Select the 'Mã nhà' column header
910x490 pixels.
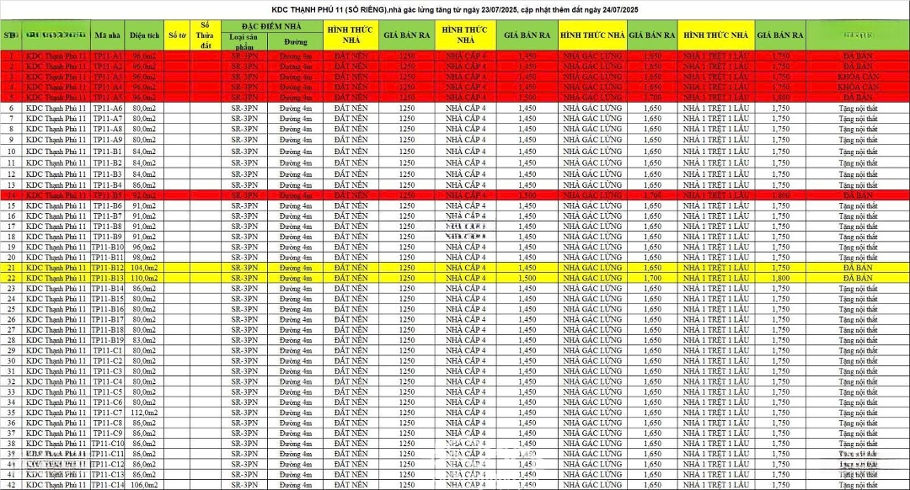108,36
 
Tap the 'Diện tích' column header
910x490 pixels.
145,36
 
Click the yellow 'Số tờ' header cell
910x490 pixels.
177,36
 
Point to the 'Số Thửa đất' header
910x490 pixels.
206,35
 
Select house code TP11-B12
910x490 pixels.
108,268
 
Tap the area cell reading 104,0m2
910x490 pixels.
145,268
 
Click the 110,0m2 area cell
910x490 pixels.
145,278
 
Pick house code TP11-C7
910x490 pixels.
108,413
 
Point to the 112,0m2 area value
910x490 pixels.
145,413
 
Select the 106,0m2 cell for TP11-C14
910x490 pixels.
145,485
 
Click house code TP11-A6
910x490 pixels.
108,109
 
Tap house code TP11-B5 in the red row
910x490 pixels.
108,194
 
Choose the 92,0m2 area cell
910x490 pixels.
145,194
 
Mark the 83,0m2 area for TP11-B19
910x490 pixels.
145,340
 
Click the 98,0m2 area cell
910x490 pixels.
145,257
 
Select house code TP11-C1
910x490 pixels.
108,350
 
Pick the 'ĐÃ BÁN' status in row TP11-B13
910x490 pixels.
858,278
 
